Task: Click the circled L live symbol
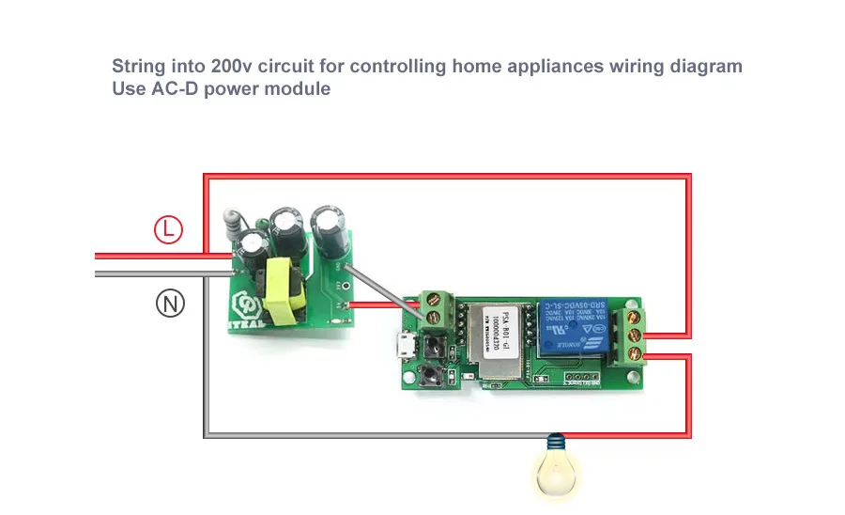(168, 229)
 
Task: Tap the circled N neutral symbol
(170, 303)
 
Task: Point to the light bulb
(558, 469)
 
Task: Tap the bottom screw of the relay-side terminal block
(634, 353)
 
